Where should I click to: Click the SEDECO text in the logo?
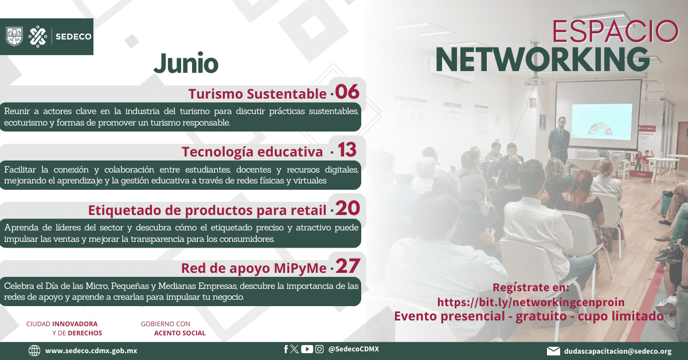click(x=73, y=37)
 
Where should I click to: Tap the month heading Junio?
click(x=186, y=64)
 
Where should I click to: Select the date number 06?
click(x=347, y=92)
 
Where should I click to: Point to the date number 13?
click(x=347, y=150)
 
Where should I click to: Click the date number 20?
click(x=347, y=208)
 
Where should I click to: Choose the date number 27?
click(x=347, y=266)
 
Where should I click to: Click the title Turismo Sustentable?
click(x=257, y=93)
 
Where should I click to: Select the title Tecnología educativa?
click(x=252, y=152)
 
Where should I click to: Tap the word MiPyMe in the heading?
click(x=300, y=268)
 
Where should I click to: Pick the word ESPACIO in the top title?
click(x=615, y=32)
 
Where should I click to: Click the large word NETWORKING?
click(x=542, y=60)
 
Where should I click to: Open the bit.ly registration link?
click(x=531, y=302)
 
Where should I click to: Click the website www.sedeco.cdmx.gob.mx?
click(x=91, y=351)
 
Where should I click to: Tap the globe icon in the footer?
click(x=34, y=350)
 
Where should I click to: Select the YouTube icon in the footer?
click(x=307, y=349)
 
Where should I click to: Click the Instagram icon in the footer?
click(x=319, y=349)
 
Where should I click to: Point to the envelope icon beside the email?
click(x=553, y=351)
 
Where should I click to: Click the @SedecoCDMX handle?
click(x=354, y=349)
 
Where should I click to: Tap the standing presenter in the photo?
click(x=559, y=140)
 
